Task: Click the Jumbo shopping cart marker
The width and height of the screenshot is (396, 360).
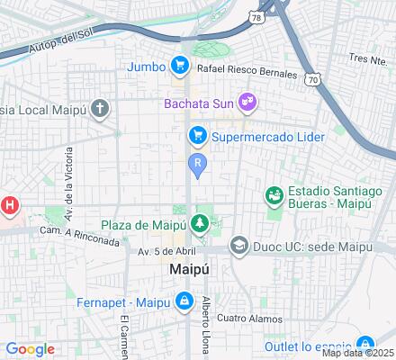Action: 180,65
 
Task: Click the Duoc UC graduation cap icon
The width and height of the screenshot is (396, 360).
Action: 238,243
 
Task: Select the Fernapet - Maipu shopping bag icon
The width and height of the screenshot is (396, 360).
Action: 183,300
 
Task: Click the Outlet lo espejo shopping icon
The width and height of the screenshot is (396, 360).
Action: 364,344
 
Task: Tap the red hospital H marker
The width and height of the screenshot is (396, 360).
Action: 9,206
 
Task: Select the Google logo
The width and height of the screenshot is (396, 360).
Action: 30,348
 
